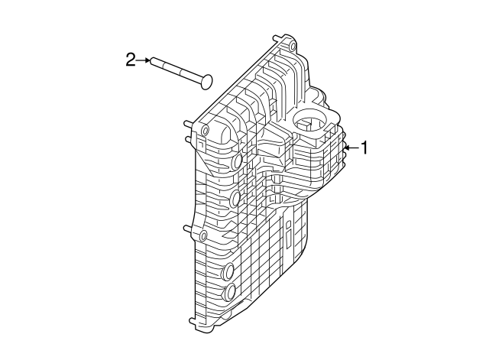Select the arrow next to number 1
coord(351,148)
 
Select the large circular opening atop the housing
coord(312,122)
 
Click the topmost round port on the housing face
coord(237,162)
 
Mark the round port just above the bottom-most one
coord(228,271)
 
